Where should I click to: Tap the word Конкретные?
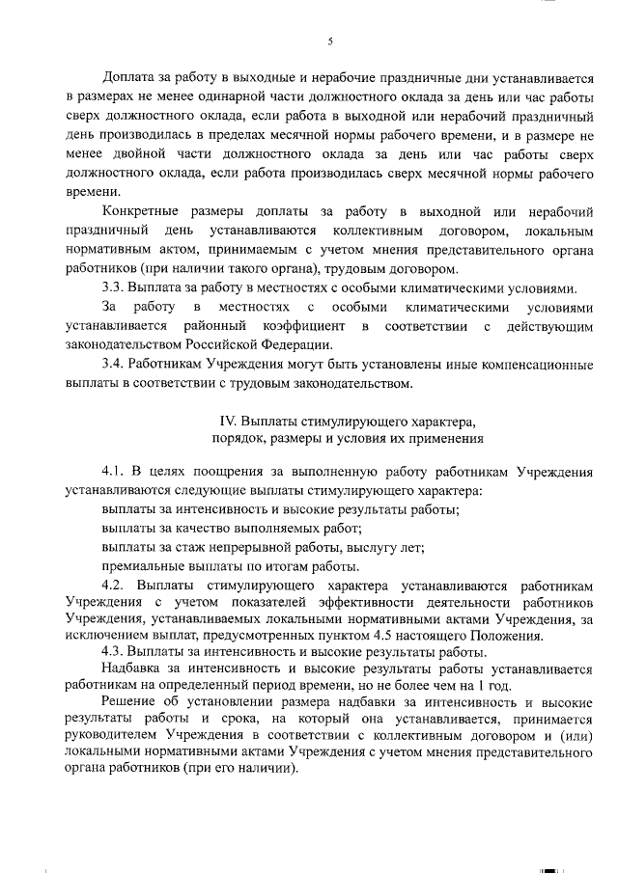click(142, 210)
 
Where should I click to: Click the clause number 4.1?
click(114, 471)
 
